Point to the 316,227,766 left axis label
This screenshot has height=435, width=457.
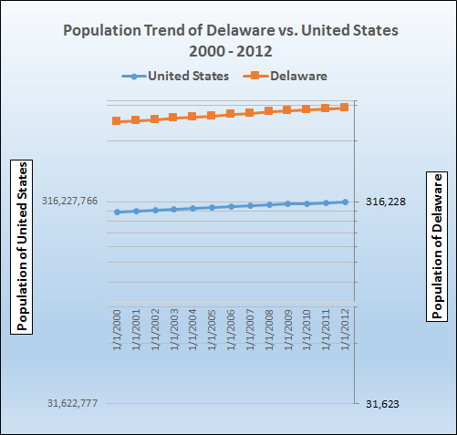click(70, 202)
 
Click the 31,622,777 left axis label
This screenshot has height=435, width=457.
click(70, 403)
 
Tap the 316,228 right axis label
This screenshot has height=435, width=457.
click(385, 202)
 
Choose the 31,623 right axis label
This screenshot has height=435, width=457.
click(381, 403)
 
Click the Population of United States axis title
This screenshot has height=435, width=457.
click(23, 247)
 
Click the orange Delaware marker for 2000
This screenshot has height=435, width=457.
click(117, 121)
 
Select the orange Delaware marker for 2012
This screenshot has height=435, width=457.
click(345, 108)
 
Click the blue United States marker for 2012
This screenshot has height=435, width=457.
click(345, 202)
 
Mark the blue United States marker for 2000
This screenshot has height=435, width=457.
click(117, 212)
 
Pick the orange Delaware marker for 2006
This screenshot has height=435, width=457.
click(231, 114)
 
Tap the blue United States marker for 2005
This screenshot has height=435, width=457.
click(212, 207)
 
